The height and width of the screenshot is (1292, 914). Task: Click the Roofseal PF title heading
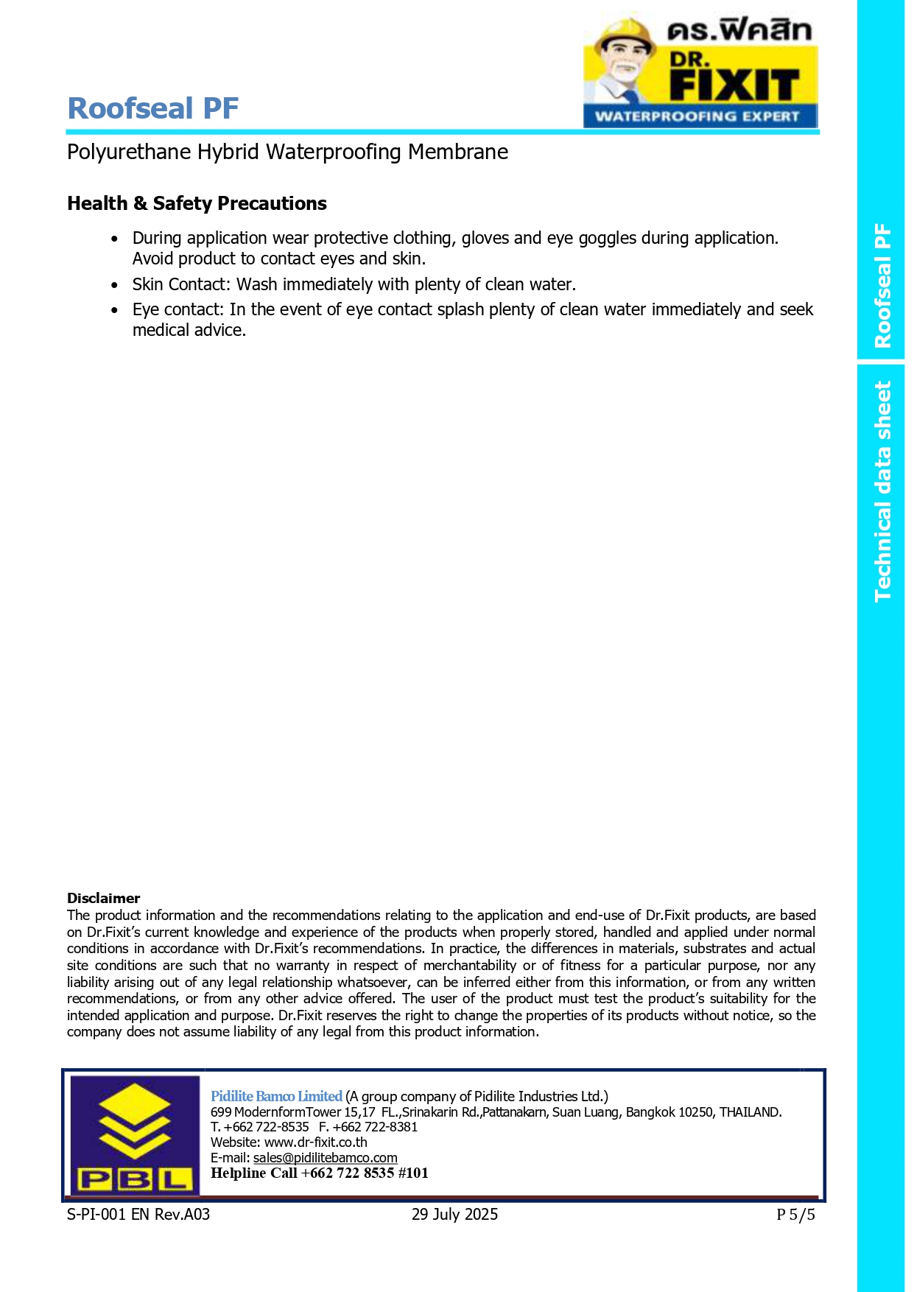(153, 108)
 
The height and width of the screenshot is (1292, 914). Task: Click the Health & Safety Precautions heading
(197, 203)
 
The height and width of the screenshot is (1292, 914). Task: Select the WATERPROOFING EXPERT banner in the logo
(697, 116)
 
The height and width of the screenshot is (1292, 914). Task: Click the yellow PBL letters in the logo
(136, 1179)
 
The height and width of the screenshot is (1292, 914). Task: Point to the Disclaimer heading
(103, 898)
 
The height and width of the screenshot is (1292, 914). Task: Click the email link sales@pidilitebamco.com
(325, 1158)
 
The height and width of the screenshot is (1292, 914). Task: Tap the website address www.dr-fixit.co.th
(315, 1142)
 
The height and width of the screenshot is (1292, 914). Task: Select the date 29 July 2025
(454, 1215)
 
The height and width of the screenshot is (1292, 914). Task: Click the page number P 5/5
(795, 1215)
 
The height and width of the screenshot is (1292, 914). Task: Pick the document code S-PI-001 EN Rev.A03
(138, 1215)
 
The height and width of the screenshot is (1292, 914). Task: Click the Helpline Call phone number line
(319, 1173)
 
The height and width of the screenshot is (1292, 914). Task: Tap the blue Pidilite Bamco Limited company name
(276, 1096)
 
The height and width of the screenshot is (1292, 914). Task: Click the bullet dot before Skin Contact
(114, 285)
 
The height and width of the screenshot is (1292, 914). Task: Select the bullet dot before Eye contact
(114, 310)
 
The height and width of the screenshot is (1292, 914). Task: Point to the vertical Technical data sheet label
(882, 491)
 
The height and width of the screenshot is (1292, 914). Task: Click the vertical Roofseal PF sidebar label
(882, 286)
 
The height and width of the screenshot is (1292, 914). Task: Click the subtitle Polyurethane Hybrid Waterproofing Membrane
(287, 152)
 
